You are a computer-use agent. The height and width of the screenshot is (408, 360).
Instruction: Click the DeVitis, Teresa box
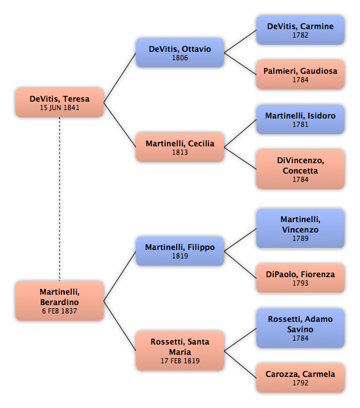coord(60,102)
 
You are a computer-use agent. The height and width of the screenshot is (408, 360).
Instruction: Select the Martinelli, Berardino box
coord(60,300)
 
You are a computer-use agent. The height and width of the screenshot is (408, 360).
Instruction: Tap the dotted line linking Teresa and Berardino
coord(60,199)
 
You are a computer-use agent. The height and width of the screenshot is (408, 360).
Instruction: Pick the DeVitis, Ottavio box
coord(180,53)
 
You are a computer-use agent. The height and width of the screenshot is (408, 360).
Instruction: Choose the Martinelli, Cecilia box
coord(180,147)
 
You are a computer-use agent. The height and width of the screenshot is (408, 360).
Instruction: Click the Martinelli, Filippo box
coord(180,251)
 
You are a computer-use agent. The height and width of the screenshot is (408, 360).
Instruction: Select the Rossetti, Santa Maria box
coord(180,351)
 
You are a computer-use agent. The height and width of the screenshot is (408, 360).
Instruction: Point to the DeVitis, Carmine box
coord(300,30)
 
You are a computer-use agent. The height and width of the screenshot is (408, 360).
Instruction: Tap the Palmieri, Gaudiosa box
coord(300,74)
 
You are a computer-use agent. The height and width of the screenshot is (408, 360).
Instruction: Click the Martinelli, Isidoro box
coord(300,119)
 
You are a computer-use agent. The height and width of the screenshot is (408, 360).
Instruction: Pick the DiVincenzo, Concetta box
coord(300,169)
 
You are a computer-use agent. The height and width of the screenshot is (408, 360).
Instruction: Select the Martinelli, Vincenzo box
coord(300,229)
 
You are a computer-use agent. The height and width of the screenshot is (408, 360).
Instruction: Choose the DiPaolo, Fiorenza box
coord(300,278)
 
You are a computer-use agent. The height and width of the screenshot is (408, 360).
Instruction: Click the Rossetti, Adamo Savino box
coord(300,328)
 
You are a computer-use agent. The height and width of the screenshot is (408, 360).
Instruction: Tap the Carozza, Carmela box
coord(300,378)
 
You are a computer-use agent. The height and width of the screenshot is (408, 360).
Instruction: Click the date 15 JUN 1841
coord(60,108)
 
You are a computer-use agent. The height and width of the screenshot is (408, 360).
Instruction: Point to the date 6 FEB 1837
coord(60,311)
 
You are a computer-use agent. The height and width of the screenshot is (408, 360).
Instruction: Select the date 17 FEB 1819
coord(180,361)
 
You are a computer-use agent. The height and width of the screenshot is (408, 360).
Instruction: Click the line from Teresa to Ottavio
coord(120,78)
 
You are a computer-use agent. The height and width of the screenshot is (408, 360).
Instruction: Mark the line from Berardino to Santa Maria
coord(120,326)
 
